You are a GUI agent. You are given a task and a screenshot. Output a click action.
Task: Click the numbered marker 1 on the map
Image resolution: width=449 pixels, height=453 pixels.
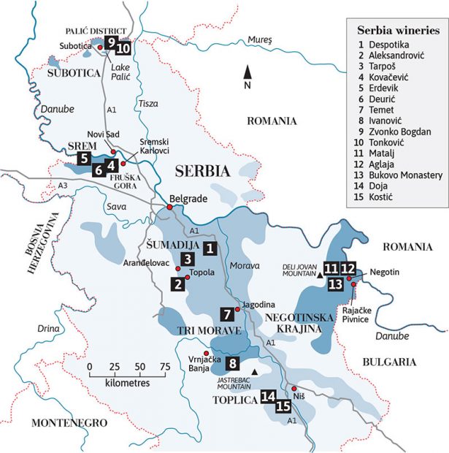click(210, 248)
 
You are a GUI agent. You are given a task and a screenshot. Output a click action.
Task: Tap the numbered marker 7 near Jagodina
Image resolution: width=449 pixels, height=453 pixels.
click(227, 315)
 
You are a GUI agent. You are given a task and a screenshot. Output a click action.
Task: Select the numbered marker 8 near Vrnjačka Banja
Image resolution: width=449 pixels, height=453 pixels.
click(232, 363)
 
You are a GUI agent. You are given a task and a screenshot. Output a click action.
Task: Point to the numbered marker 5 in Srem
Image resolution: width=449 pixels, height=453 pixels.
click(85, 156)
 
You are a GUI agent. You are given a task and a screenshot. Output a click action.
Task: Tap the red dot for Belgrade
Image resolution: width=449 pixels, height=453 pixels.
click(169, 208)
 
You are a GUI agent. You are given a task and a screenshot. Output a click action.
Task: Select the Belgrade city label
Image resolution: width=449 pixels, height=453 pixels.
click(189, 198)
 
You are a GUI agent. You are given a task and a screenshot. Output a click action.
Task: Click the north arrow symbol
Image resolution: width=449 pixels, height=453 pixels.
click(247, 72)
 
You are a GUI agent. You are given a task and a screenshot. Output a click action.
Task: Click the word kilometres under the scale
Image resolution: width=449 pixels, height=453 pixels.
click(120, 384)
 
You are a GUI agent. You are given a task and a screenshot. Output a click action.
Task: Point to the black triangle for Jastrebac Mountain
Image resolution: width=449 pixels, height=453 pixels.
click(254, 373)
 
